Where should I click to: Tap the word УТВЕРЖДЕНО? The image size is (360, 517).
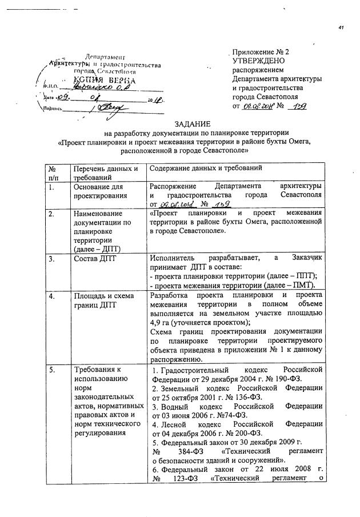click(x=259, y=59)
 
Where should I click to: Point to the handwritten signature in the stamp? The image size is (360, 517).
click(x=110, y=107)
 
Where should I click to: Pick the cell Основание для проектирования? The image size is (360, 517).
click(x=98, y=191)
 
